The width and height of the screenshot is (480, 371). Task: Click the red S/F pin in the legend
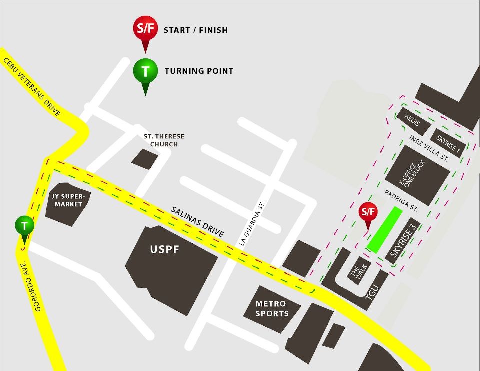145,29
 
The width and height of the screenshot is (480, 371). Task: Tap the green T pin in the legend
145,71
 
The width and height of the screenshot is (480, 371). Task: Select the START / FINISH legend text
195,30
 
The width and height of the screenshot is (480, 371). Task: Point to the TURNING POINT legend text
199,71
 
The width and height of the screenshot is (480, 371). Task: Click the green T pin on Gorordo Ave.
24,225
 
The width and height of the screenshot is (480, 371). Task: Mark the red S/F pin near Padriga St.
368,212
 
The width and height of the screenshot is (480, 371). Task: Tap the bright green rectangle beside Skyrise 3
385,230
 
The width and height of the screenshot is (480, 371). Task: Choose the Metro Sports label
272,308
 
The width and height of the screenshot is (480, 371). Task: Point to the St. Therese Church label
164,140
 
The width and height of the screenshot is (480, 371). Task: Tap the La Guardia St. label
251,223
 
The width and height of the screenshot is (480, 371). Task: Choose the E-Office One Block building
415,174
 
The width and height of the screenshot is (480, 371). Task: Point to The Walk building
359,270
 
